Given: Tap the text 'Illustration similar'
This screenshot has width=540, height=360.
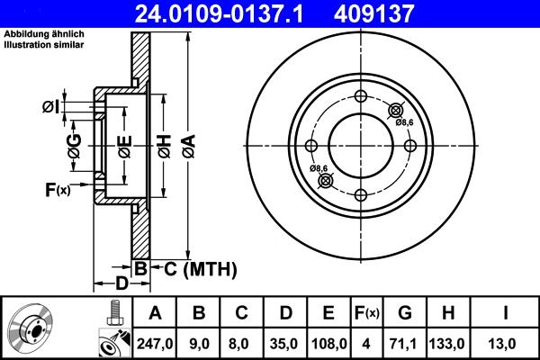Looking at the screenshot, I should point(45,43).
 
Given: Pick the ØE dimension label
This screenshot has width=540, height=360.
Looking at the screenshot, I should point(125,145).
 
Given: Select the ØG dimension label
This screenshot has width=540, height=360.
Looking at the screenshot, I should point(76,145).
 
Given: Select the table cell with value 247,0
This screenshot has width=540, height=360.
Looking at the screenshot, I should point(156,343).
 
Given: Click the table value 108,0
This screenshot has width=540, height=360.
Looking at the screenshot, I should point(328,343).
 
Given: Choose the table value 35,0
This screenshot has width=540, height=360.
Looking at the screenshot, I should point(285,343).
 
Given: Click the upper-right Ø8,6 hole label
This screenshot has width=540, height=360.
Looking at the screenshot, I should point(404,122).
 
